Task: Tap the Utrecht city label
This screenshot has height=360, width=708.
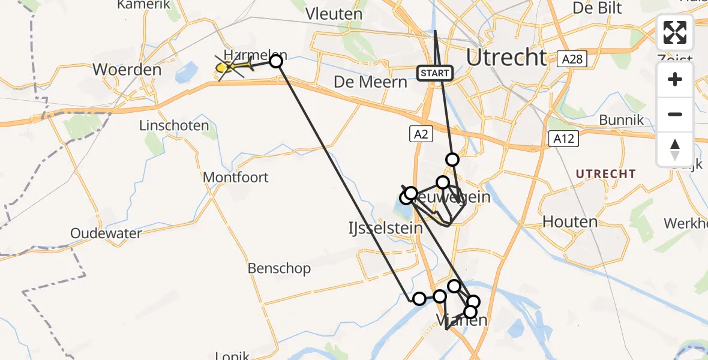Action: pos(506,58)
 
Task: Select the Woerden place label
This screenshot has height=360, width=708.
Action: pos(127,70)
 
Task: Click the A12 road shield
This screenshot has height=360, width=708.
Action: pos(563,139)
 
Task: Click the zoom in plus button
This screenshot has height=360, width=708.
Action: pos(675,80)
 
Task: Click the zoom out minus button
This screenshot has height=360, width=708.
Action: pos(675,114)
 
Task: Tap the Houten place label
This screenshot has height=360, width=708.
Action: pos(570,222)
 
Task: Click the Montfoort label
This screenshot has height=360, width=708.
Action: pos(236,178)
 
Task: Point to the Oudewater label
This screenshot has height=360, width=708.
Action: pos(106,233)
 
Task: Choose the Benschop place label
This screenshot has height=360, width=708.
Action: pos(279,268)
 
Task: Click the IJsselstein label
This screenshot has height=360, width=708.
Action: pos(385,228)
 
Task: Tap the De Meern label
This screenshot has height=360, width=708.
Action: pos(370,82)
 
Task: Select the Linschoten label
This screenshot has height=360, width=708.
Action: pos(174,126)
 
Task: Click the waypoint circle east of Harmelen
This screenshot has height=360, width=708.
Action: pos(276,61)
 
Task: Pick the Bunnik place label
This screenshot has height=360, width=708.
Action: pos(622,120)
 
